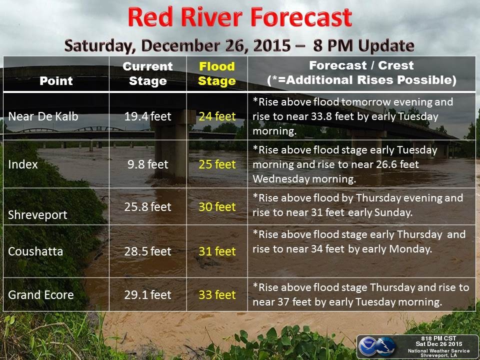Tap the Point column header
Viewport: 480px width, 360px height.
click(x=56, y=81)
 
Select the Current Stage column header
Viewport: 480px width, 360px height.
click(x=148, y=73)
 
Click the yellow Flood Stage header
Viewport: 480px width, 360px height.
click(x=216, y=73)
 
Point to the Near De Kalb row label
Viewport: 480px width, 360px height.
click(x=43, y=116)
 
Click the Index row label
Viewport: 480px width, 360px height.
click(x=23, y=164)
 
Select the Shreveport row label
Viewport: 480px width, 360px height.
click(x=37, y=215)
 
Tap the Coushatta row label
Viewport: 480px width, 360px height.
click(x=35, y=251)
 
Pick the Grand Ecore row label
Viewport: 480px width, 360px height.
click(x=40, y=295)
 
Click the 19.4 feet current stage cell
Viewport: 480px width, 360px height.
click(x=148, y=116)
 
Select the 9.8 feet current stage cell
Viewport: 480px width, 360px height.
click(x=148, y=164)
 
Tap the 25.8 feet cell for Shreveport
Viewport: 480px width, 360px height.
click(x=148, y=207)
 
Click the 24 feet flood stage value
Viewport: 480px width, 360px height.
click(x=217, y=116)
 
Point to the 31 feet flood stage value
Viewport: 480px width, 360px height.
click(x=217, y=251)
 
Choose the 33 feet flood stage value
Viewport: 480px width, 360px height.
click(x=217, y=295)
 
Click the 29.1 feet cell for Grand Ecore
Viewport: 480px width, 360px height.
click(x=148, y=295)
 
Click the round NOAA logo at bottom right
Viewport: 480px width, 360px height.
click(x=367, y=346)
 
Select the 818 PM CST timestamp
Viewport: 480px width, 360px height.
click(x=438, y=338)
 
